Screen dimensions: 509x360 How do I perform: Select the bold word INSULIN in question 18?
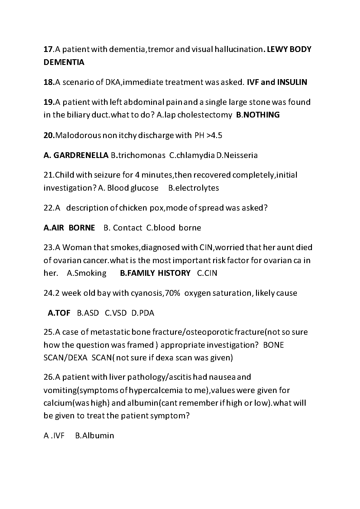[x=292, y=82]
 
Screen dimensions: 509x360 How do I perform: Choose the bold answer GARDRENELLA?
[x=81, y=155]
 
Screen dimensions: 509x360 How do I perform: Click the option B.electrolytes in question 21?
[x=193, y=188]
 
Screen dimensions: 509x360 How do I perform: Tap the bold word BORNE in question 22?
[x=82, y=228]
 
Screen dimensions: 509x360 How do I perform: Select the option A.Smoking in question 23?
[x=86, y=273]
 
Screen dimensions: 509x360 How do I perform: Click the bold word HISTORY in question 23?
[x=174, y=273]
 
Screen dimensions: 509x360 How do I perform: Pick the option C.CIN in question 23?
[x=207, y=273]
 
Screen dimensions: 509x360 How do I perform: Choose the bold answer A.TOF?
[x=59, y=313]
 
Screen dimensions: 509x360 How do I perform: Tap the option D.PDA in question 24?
[x=143, y=313]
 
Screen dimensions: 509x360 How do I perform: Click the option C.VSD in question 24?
[x=116, y=313]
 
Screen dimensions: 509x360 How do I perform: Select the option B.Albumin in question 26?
[x=95, y=436]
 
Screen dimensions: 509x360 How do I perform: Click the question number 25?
[x=48, y=332]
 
